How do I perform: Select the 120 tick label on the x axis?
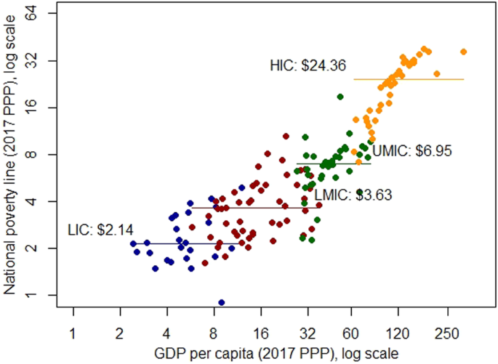pyautogui.click(x=398, y=333)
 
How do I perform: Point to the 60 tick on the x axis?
pyautogui.click(x=351, y=333)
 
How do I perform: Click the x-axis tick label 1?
pyautogui.click(x=73, y=333)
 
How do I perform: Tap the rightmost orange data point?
pyautogui.click(x=463, y=52)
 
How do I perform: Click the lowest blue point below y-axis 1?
pyautogui.click(x=222, y=302)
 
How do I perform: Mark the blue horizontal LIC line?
pyautogui.click(x=182, y=243)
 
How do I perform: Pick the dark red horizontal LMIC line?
pyautogui.click(x=254, y=208)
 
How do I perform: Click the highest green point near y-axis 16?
pyautogui.click(x=340, y=97)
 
